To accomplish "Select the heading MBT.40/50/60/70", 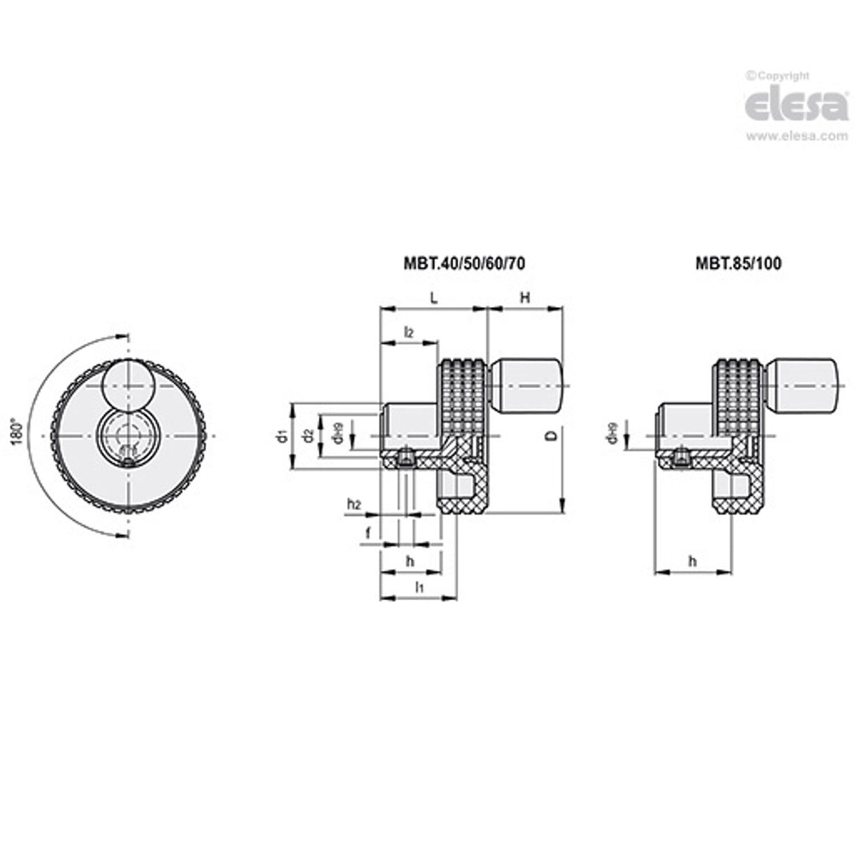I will pyautogui.click(x=464, y=263).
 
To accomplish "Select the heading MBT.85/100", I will pyautogui.click(x=739, y=263).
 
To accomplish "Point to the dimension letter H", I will pyautogui.click(x=525, y=298).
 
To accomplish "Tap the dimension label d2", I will pyautogui.click(x=307, y=437).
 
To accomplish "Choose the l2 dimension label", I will pyautogui.click(x=408, y=331).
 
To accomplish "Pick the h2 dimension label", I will pyautogui.click(x=354, y=504).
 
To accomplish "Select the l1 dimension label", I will pyautogui.click(x=418, y=586).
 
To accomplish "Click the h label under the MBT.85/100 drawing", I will pyautogui.click(x=692, y=561).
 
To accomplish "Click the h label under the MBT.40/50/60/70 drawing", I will pyautogui.click(x=411, y=561).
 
